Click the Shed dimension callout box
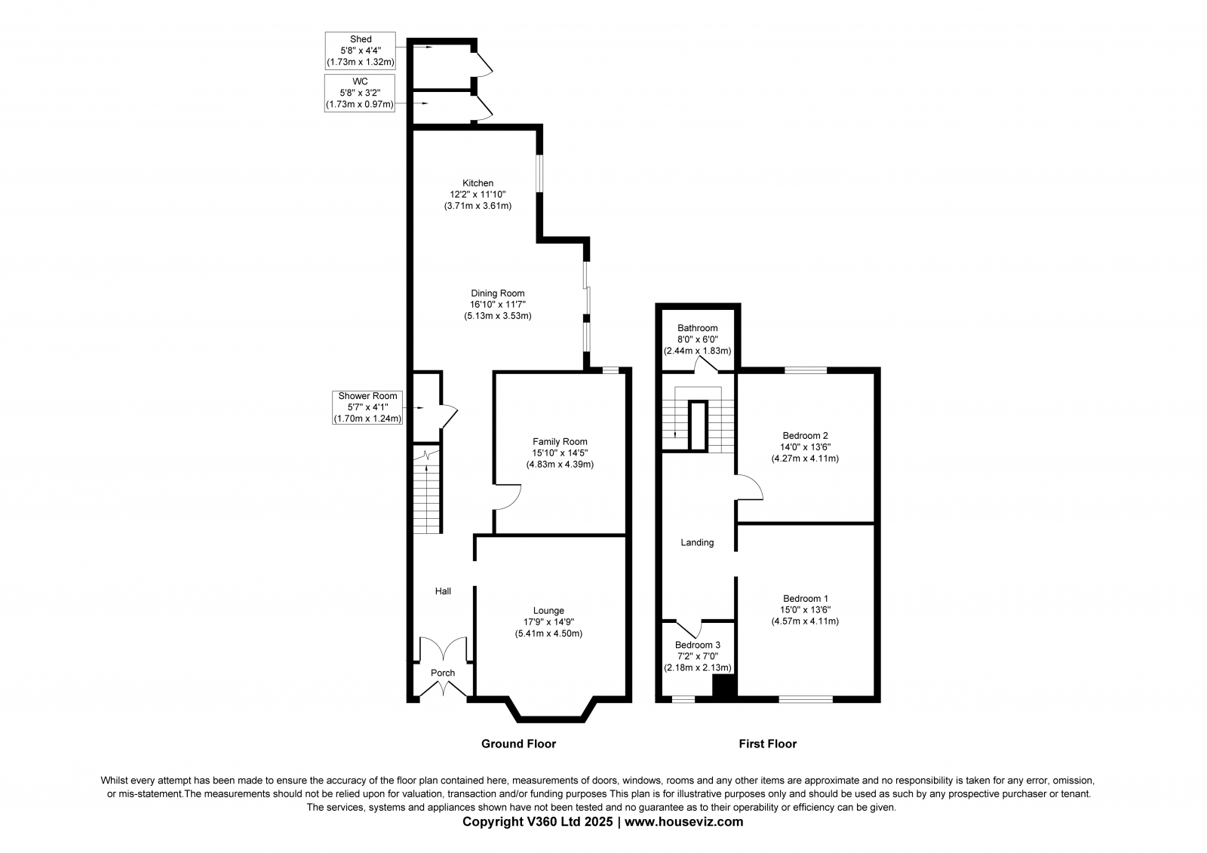pyautogui.click(x=361, y=51)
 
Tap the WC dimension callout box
pyautogui.click(x=360, y=94)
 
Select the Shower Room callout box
pyautogui.click(x=367, y=407)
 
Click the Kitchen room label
pyautogui.click(x=478, y=183)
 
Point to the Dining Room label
pyautogui.click(x=498, y=293)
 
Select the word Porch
pyautogui.click(x=443, y=673)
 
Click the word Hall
pyautogui.click(x=443, y=591)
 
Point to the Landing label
pyautogui.click(x=697, y=542)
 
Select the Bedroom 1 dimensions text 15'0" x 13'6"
pyautogui.click(x=806, y=610)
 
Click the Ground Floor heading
pyautogui.click(x=518, y=744)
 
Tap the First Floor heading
pyautogui.click(x=768, y=744)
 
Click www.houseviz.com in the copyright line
pyautogui.click(x=683, y=822)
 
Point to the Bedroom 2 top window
pyautogui.click(x=806, y=370)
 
